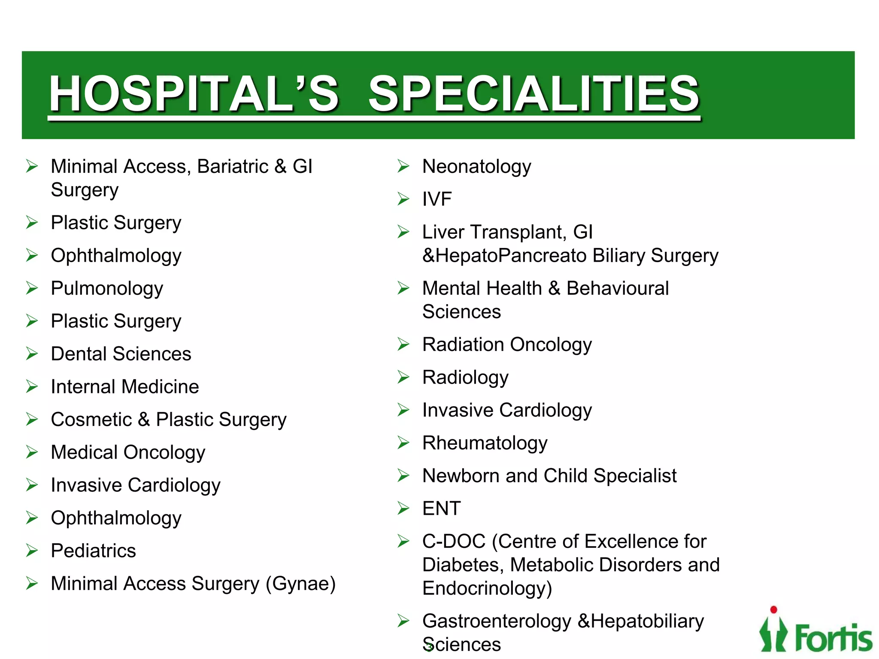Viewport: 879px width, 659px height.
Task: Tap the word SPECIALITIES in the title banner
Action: (534, 93)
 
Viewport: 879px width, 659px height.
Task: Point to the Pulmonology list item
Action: (107, 289)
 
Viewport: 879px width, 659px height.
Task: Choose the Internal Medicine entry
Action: (124, 387)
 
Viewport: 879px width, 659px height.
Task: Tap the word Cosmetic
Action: (91, 420)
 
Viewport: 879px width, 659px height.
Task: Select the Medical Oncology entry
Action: (128, 453)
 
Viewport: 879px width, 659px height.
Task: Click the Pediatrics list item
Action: (93, 551)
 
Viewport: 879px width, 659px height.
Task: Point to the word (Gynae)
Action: (300, 584)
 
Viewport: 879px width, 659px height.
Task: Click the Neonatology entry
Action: (476, 167)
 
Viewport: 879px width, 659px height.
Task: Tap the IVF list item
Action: (437, 200)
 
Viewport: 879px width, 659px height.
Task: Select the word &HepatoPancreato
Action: (504, 256)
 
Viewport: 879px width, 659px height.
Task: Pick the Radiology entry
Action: (465, 378)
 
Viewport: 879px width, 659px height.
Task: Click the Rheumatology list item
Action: (485, 443)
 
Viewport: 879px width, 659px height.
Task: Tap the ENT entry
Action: (441, 509)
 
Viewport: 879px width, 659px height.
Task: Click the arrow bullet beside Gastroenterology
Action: (403, 621)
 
